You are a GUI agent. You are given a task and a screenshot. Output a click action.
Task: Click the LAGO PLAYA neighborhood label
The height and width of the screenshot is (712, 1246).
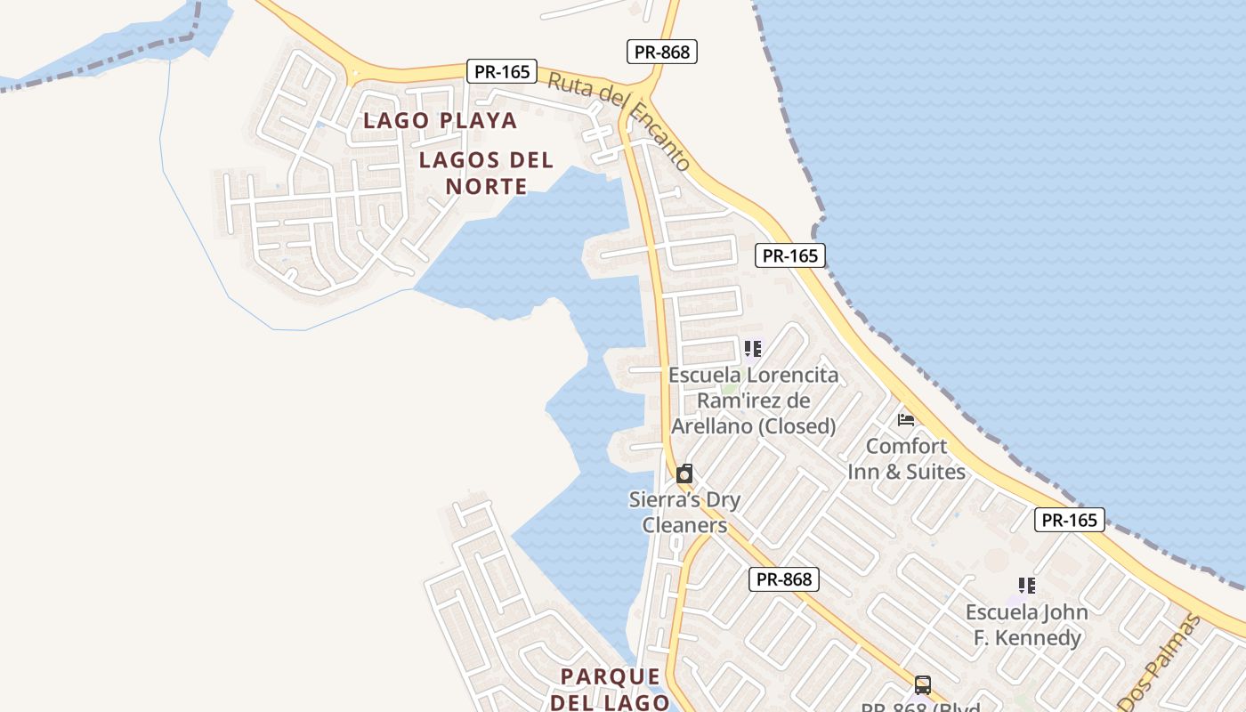tap(440, 120)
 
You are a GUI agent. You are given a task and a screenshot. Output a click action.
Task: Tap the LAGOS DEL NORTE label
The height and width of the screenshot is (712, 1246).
tap(486, 174)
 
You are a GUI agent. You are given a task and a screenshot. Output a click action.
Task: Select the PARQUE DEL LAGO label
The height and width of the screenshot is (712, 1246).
tap(611, 689)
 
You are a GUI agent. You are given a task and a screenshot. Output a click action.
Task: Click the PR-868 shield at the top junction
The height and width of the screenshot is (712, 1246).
tap(661, 52)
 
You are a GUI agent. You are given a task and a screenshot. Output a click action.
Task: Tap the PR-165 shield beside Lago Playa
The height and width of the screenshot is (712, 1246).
tap(502, 72)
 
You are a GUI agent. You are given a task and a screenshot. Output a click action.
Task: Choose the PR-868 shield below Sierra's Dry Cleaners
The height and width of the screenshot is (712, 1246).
tap(783, 579)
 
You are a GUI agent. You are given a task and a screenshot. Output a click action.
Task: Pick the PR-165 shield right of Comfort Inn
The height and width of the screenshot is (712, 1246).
tap(1069, 520)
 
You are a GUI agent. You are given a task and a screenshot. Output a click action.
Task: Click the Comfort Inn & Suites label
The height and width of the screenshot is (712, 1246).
tap(906, 458)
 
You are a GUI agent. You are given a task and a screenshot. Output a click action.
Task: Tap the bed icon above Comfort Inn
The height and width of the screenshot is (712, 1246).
tap(906, 419)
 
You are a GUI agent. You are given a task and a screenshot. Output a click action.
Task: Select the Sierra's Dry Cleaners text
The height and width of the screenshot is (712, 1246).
tap(684, 512)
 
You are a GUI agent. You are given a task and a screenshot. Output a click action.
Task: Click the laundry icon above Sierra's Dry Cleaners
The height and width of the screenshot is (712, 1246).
tap(684, 473)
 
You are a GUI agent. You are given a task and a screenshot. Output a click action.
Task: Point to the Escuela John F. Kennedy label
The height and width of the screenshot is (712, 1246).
tap(1026, 625)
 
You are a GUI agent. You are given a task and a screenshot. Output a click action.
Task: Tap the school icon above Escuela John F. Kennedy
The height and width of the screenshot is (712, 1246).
tap(1027, 586)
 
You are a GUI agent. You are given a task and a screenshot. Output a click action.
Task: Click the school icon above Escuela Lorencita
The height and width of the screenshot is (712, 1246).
tap(753, 349)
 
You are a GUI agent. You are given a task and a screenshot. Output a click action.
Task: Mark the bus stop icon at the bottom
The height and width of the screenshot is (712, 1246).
tap(923, 685)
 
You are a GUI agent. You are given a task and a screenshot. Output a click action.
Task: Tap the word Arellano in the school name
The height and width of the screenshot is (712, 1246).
tap(711, 426)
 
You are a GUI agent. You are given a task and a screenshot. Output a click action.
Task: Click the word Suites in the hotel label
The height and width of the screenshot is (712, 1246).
tap(935, 471)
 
